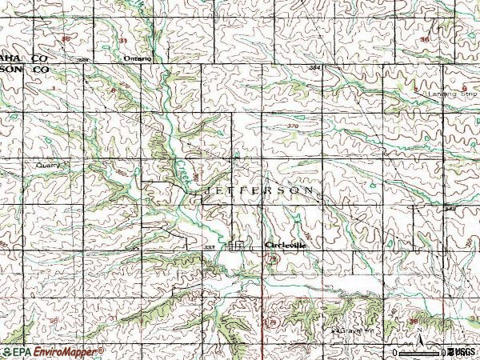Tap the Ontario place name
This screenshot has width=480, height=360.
138,59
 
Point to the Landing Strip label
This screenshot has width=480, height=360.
442,94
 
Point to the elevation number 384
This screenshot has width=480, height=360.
314,68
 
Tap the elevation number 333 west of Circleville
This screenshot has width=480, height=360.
208,248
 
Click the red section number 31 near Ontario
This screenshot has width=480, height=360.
123,39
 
